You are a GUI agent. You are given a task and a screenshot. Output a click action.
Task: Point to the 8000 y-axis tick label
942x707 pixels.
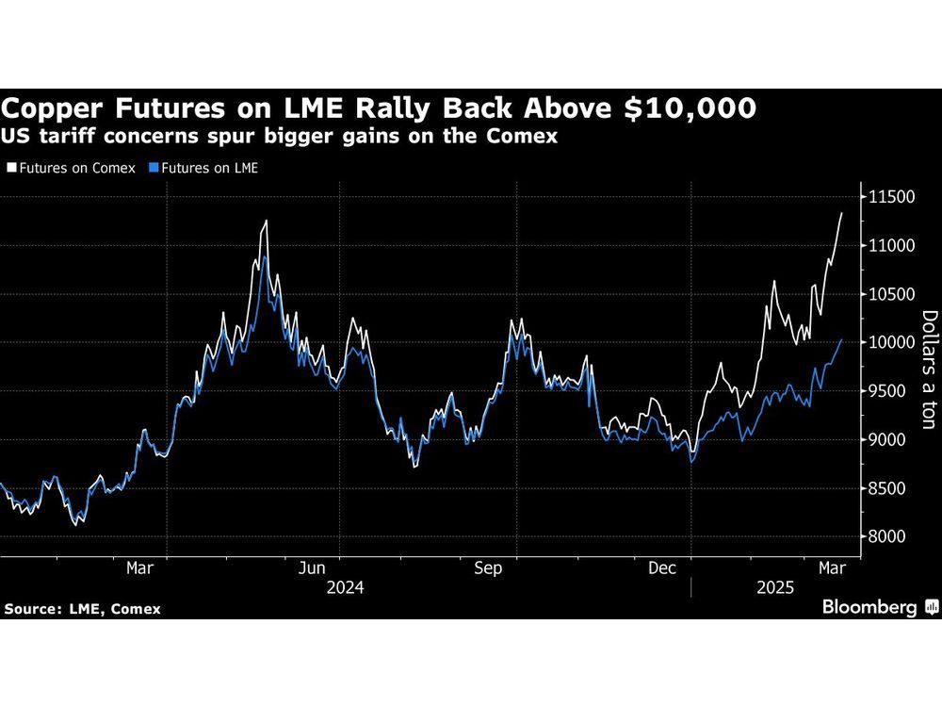[887, 537]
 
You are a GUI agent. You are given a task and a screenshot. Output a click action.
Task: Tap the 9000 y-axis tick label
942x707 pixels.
[887, 440]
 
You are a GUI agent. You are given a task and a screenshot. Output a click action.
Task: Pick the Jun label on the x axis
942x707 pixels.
[312, 568]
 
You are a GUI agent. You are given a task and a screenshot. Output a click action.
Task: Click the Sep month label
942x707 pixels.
[488, 568]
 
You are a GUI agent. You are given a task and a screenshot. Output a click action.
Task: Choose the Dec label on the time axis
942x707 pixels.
[664, 568]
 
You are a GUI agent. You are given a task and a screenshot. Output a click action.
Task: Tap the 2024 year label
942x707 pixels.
[346, 587]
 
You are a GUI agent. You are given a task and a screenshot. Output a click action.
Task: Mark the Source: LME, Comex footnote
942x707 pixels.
[82, 609]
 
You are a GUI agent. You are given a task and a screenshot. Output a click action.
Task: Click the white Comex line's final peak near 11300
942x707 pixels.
[841, 214]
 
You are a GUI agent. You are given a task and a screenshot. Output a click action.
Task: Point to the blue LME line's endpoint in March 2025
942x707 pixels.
[841, 340]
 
